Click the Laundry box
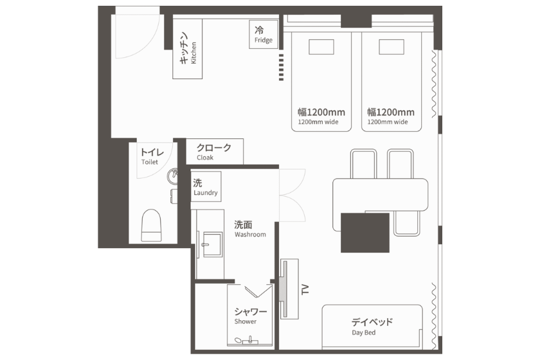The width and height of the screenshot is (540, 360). point(206,186)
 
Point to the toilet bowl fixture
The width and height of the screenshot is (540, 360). point(151,225)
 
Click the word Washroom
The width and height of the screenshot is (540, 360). point(250,235)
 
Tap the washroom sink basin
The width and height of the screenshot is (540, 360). point(212,244)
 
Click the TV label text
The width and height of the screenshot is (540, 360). point(305,289)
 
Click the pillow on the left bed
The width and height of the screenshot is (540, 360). point(321,47)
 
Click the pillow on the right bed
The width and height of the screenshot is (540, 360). point(392,47)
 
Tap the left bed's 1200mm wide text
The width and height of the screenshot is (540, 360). point(318,122)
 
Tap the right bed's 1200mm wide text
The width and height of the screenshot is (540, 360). point(388,122)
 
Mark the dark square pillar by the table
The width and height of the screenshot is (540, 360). point(365,233)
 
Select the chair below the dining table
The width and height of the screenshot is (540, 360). point(407,223)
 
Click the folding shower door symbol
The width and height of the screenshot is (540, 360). point(258,291)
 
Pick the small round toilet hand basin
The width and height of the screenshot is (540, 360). point(172,176)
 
